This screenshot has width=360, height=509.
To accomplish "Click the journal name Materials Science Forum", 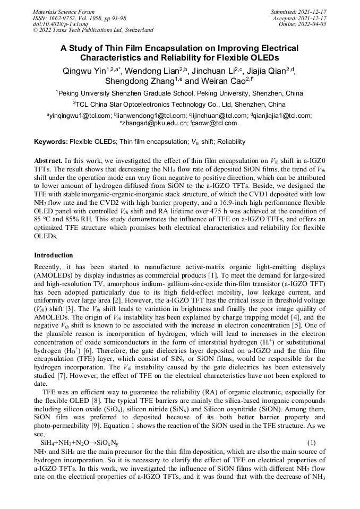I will (64, 11).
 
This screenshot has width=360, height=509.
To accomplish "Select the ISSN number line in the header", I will (79, 18).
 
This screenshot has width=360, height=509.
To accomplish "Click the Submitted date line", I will (298, 11).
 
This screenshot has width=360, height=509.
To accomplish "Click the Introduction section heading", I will (54, 255).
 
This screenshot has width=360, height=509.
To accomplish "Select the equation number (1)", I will (312, 442).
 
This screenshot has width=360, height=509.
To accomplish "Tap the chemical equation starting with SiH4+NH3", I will (80, 443).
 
